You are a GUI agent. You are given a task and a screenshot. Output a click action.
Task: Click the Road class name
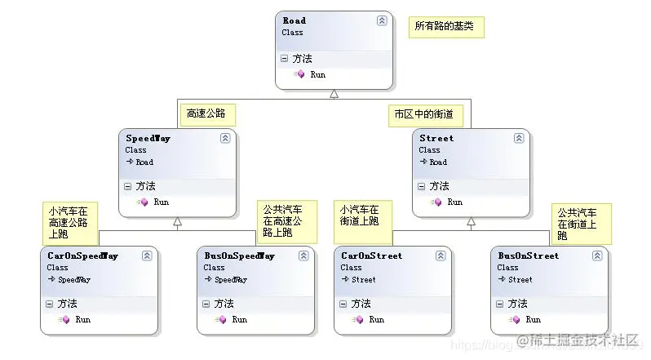tap(294, 20)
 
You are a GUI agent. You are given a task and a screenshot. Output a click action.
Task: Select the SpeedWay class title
tap(147, 138)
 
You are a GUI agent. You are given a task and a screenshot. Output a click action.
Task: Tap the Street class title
tap(436, 138)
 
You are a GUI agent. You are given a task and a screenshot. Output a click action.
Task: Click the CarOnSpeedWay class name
tap(82, 256)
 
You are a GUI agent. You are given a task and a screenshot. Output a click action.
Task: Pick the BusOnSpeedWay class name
tap(239, 256)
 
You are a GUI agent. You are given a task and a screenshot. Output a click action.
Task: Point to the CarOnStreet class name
tap(372, 256)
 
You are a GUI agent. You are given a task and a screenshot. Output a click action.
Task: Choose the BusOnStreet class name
tap(529, 256)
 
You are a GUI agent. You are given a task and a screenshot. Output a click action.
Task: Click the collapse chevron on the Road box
tap(382, 21)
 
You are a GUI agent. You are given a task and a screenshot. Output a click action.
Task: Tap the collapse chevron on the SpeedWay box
tap(225, 139)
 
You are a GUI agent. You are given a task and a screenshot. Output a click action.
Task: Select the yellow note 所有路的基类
tap(447, 26)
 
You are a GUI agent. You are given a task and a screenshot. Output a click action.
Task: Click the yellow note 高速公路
tap(206, 113)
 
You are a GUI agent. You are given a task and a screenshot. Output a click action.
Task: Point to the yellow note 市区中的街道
tap(424, 115)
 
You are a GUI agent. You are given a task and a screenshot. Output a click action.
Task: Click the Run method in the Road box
tap(317, 74)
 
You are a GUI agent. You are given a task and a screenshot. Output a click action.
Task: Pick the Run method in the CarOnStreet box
tap(376, 319)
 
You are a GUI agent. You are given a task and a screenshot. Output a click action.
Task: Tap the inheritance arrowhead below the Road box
tap(334, 94)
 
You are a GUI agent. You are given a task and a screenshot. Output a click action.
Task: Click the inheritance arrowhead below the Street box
tap(471, 222)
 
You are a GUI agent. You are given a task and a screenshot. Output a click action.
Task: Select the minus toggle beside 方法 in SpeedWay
tap(127, 186)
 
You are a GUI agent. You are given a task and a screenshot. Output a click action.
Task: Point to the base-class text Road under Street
tap(438, 162)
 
